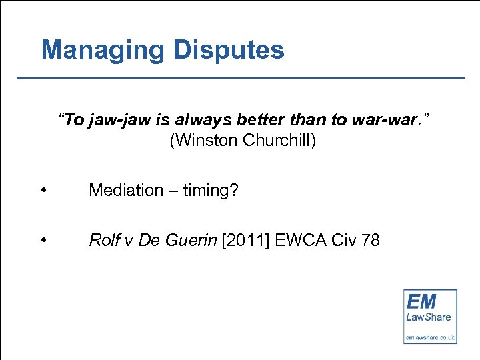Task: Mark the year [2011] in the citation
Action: coord(245,241)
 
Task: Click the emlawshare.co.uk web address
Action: coord(430,338)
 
